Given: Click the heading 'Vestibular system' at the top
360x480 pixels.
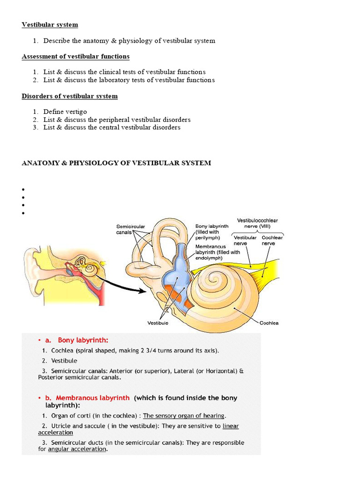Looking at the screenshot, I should pos(50,25).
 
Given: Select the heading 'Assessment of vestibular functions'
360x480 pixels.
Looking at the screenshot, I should pos(75,57).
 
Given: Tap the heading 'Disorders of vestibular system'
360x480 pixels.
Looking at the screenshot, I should pos(69,96).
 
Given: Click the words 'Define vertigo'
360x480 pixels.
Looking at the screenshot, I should pos(65,112).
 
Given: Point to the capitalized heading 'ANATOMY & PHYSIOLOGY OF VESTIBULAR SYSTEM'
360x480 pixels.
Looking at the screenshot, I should pos(116,163).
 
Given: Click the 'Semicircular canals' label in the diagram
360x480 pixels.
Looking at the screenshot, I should pos(131,229).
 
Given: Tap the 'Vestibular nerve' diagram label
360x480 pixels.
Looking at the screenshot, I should pos(245,240).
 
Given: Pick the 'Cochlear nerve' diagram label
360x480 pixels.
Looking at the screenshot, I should pos(272,240).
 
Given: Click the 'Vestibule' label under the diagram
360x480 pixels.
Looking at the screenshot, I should pos(158,323).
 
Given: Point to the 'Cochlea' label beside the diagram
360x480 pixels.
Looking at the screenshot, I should pos(269,323).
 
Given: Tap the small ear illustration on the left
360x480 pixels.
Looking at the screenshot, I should pos(63,272).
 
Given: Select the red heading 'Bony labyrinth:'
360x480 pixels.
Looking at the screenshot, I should pos(83,340).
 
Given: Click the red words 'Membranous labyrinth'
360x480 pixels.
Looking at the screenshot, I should pos(92,398).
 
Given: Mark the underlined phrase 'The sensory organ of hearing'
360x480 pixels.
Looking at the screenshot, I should pos(184,416).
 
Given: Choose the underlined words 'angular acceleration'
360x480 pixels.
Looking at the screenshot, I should pos(77,449).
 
